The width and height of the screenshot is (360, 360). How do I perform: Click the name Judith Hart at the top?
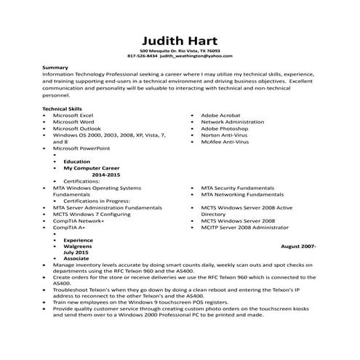click(179, 39)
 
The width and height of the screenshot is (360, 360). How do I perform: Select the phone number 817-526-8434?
click(142, 56)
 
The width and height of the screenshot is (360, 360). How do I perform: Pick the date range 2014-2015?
click(107, 175)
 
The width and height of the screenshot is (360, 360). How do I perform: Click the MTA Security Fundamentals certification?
click(242, 188)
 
